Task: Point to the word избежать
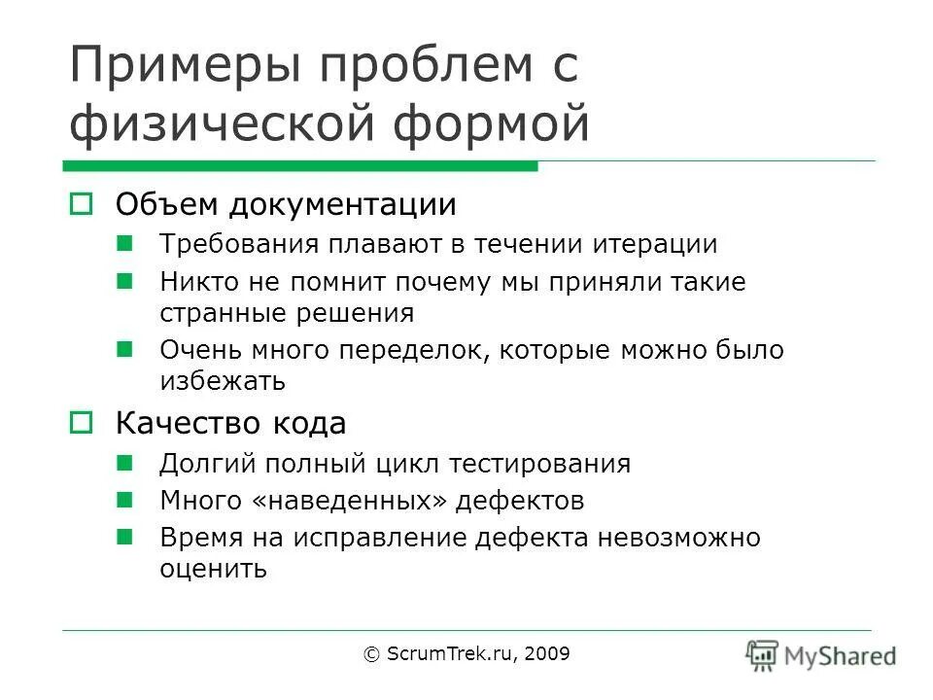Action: click(223, 381)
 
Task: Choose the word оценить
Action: click(213, 569)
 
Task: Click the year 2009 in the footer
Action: click(547, 654)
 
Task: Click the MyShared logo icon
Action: click(763, 655)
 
